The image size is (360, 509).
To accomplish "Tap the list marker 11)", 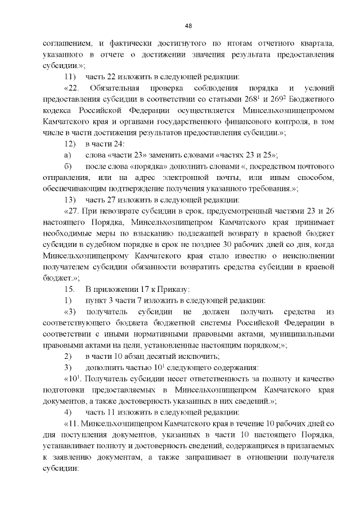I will (69, 76).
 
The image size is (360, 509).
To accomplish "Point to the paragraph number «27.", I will (75, 211).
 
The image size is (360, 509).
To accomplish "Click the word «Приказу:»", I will (170, 289).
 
